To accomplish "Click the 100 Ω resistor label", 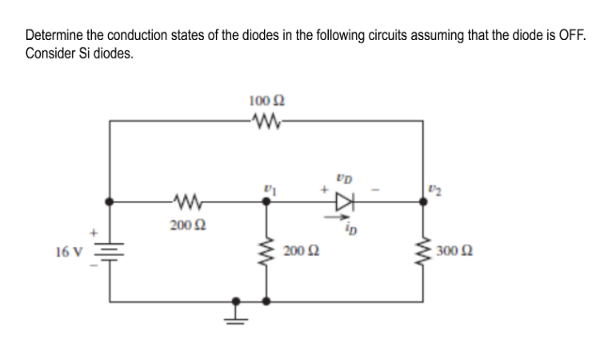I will [266, 102].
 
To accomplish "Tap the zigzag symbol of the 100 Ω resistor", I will [266, 122].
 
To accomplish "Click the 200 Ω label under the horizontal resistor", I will [186, 226].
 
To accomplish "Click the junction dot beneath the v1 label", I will [266, 202].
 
